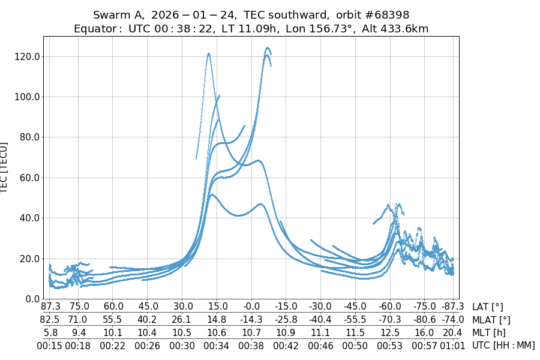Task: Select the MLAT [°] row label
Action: pos(491,320)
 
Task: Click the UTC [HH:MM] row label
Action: pos(503,345)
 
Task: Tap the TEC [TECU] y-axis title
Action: pos(5,167)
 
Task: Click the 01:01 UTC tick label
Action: pos(452,345)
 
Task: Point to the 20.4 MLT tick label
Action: pos(452,332)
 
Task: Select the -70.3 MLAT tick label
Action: pos(390,320)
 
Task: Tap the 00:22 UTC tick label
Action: pos(113,345)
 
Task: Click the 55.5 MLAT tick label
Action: pos(113,320)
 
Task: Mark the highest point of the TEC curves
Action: pos(267,48)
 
